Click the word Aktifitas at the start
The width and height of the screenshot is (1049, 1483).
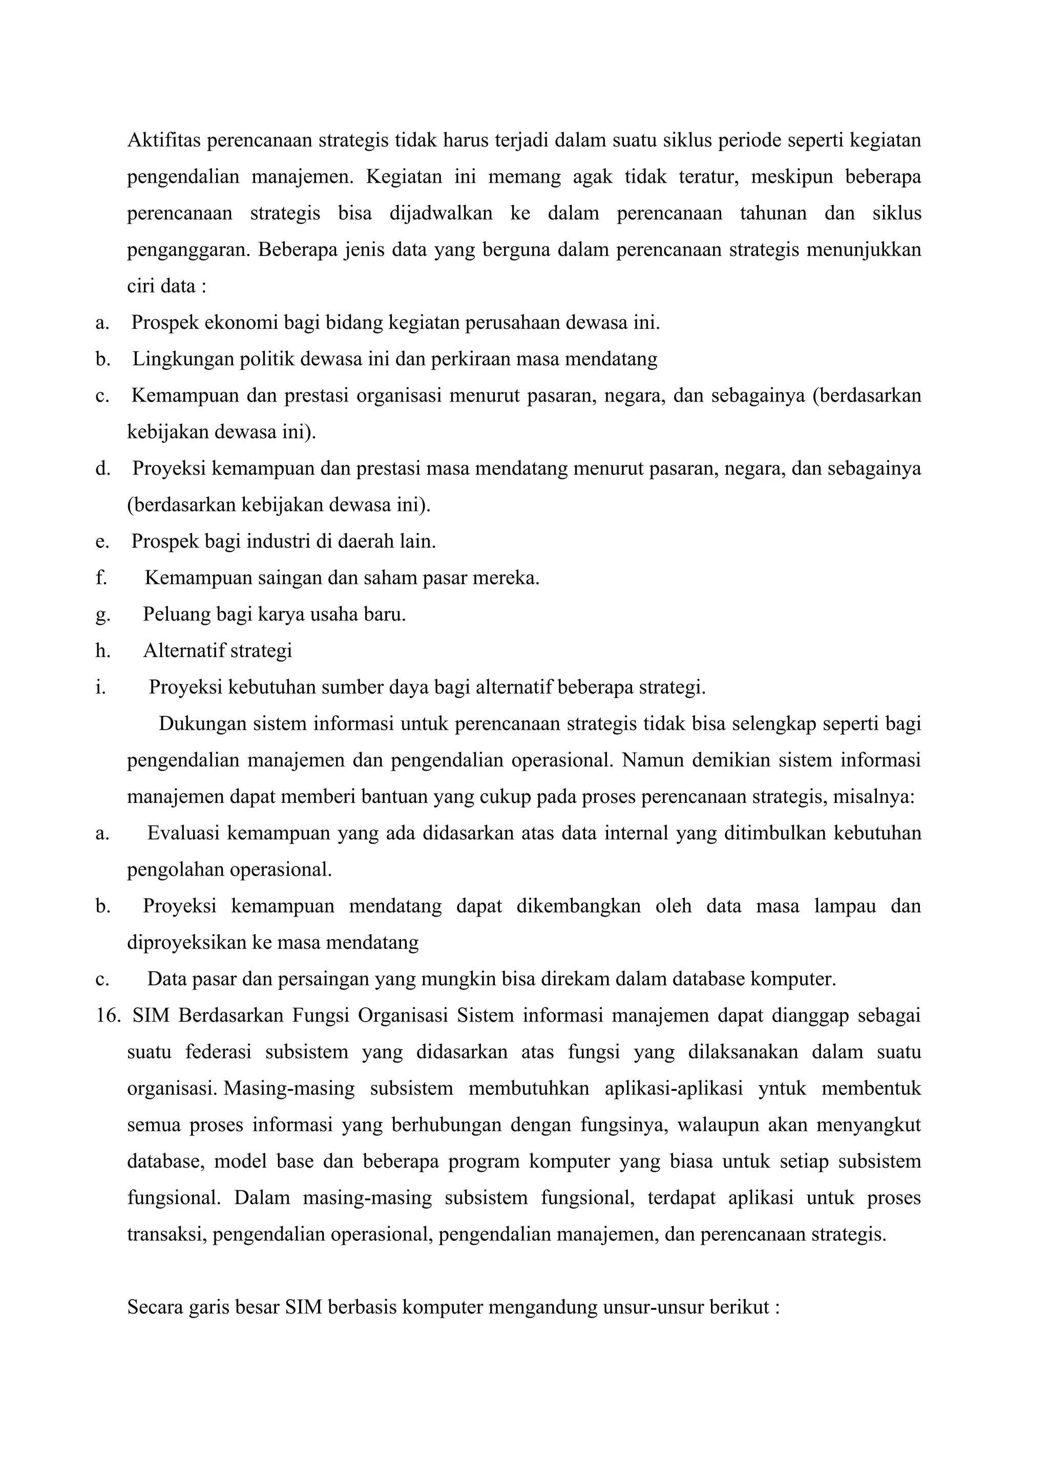164,139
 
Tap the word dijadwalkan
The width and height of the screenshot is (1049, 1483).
440,213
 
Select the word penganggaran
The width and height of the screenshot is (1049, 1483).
188,249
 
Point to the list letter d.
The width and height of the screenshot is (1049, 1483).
102,468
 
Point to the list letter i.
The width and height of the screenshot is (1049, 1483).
99,687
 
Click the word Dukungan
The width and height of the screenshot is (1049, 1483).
203,724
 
